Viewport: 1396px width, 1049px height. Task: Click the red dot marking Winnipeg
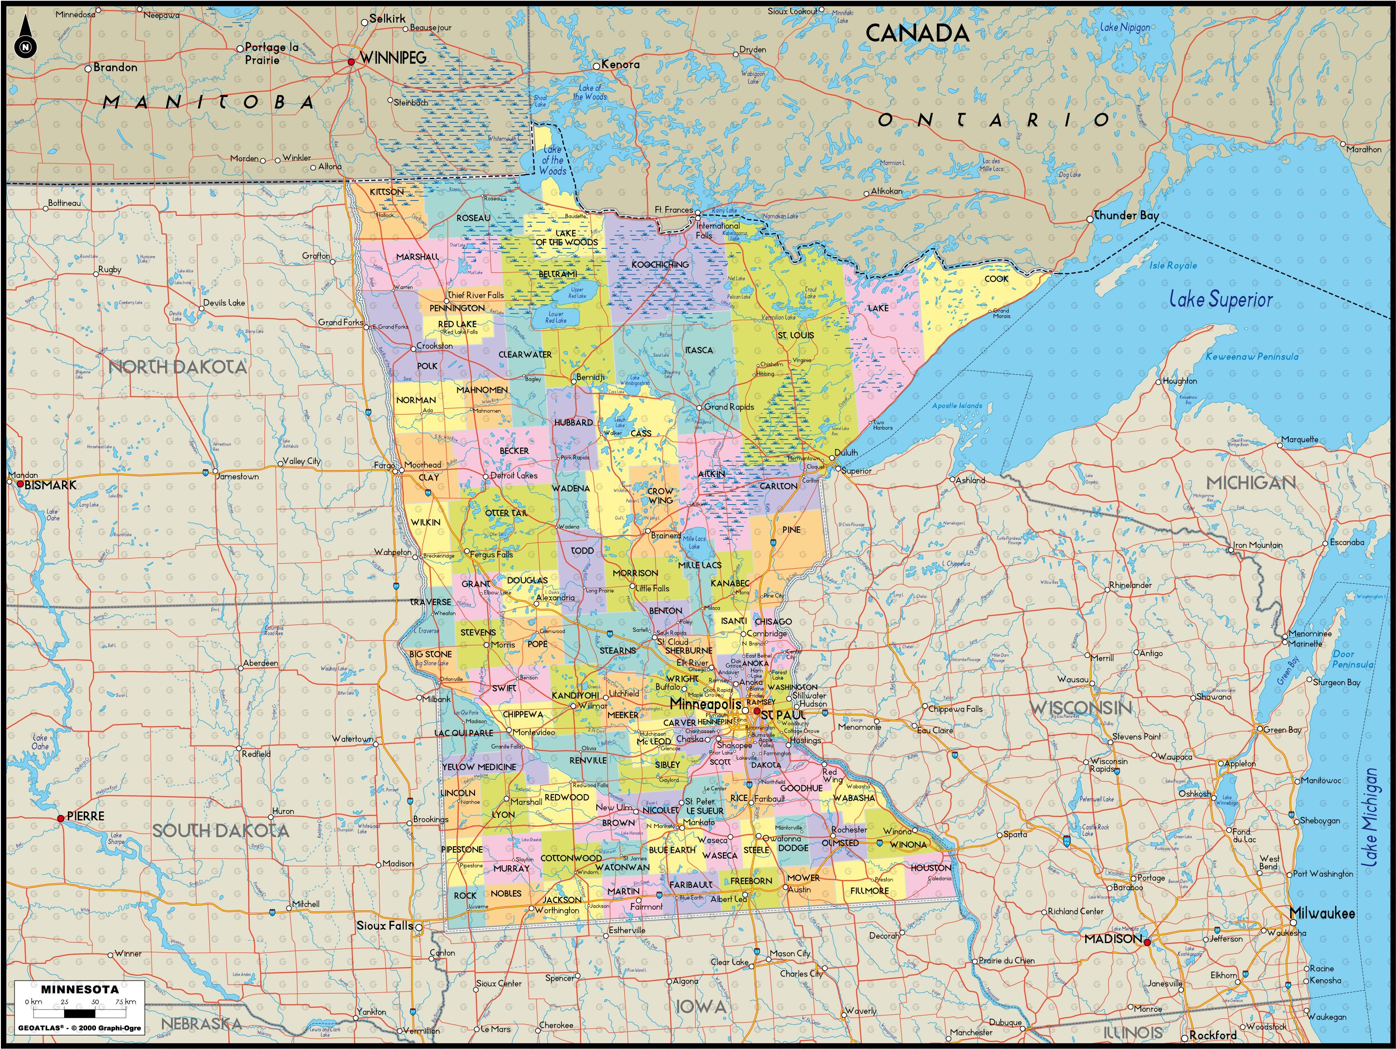click(x=351, y=62)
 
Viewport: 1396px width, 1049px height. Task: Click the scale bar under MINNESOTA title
click(x=80, y=1014)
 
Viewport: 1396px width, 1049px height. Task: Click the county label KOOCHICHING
click(x=660, y=264)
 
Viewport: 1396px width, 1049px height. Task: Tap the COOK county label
click(x=997, y=278)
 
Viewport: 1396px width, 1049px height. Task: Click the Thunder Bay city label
click(x=1126, y=215)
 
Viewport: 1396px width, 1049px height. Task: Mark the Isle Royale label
click(x=1173, y=265)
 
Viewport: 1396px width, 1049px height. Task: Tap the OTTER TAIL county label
click(x=506, y=513)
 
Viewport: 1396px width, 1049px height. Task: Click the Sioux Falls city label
click(x=385, y=926)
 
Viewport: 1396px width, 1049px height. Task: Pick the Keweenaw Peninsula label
click(x=1252, y=357)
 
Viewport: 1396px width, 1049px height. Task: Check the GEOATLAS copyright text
click(x=79, y=1028)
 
